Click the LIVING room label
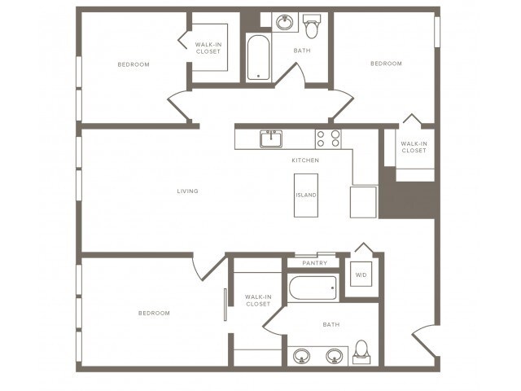click(188, 191)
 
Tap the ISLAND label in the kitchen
click(306, 195)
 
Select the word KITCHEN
click(305, 160)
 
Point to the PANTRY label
click(314, 263)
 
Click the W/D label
click(361, 275)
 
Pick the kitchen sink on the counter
click(271, 138)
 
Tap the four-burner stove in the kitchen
click(328, 138)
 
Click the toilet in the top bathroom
click(311, 28)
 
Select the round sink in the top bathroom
click(285, 22)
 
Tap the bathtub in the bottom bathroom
click(313, 288)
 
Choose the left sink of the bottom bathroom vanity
click(302, 356)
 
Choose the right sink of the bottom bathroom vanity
click(334, 356)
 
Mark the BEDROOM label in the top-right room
click(386, 64)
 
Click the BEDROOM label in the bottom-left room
click(153, 313)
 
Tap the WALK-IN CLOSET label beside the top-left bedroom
click(208, 48)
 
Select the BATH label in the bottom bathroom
click(331, 325)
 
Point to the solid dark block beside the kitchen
click(409, 200)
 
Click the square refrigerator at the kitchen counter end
click(363, 201)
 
